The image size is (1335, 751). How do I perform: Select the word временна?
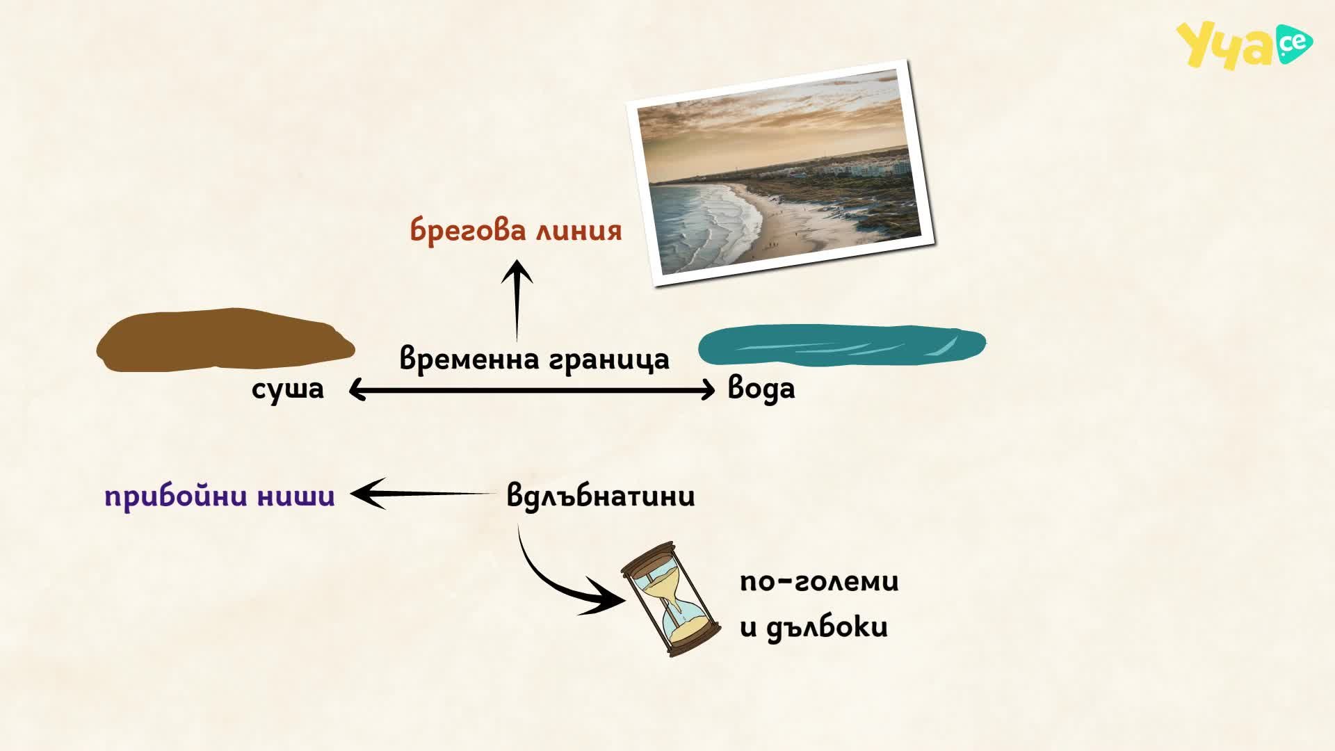point(469,360)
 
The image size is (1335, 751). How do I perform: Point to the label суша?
point(288,389)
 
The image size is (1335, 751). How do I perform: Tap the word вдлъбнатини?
point(601,496)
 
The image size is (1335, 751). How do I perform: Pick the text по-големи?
point(819,581)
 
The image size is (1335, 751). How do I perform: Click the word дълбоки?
point(827,627)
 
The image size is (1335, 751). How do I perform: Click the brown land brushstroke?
point(225,340)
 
